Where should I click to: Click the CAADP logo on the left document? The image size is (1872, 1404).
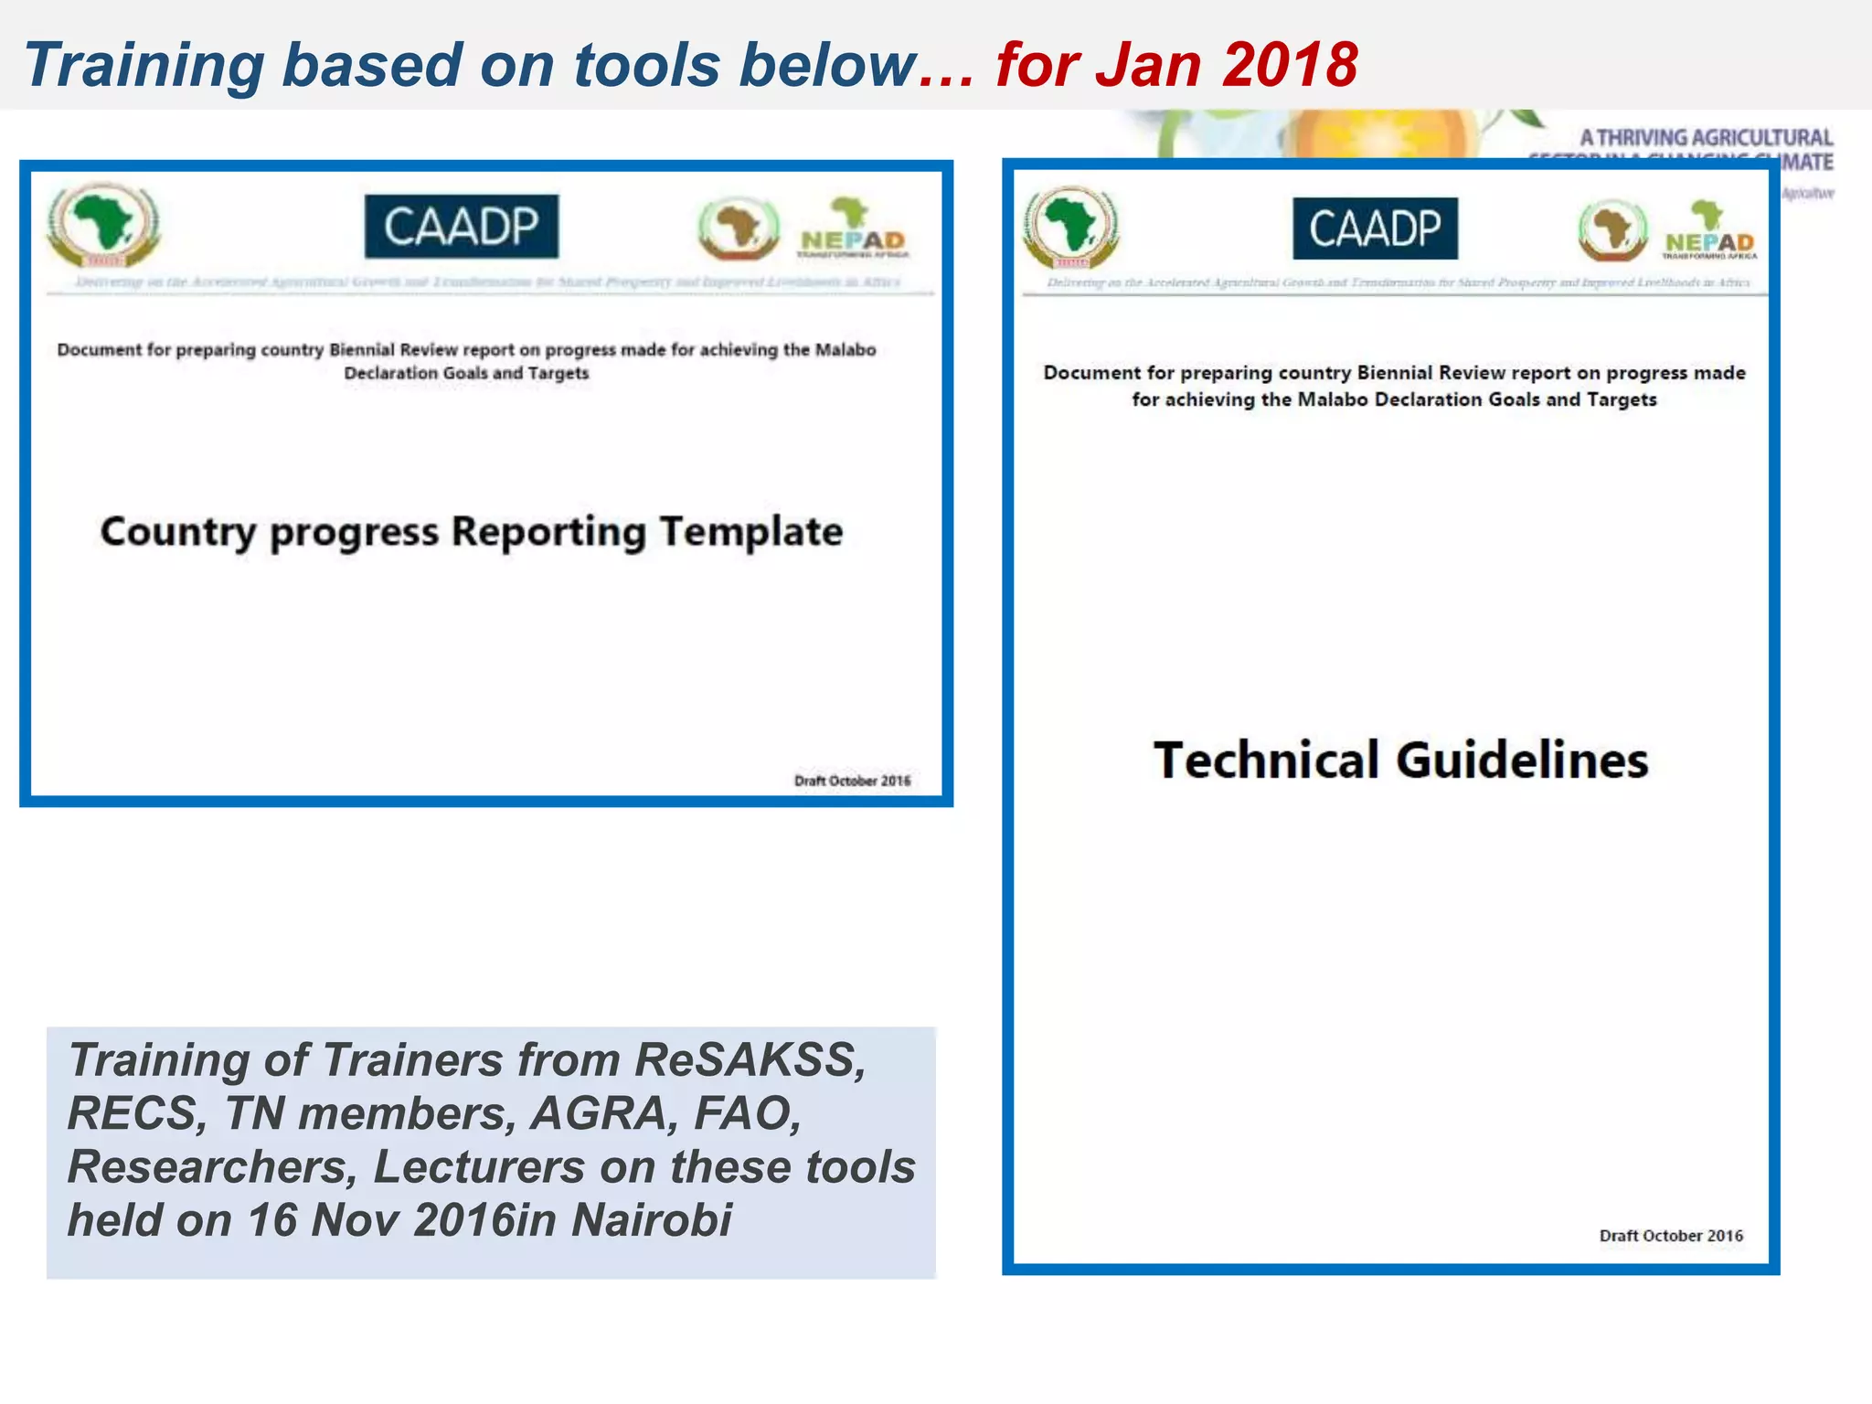point(462,227)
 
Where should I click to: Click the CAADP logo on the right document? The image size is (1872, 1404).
point(1375,229)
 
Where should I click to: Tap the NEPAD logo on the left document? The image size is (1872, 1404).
point(853,229)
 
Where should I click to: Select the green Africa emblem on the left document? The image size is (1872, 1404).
point(103,225)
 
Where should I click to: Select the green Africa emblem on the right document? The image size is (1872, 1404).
point(1070,227)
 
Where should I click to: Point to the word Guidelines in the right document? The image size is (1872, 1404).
point(1522,760)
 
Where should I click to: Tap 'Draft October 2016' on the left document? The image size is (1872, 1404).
point(852,781)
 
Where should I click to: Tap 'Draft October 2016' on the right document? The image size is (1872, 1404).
point(1671,1236)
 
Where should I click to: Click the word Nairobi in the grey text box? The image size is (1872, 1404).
point(652,1220)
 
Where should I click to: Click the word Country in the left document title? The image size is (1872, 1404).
point(178,532)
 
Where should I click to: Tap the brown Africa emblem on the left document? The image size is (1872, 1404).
point(739,229)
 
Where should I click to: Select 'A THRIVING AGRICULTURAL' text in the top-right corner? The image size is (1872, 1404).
point(1706,138)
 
